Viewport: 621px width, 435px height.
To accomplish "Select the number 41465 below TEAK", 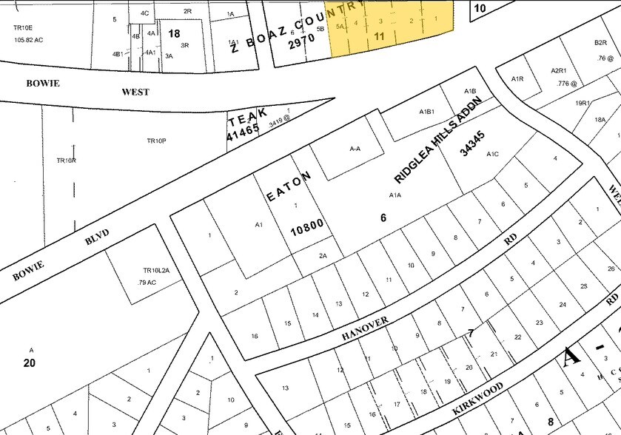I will coord(244,134).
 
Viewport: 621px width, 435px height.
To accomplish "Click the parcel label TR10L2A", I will coord(156,271).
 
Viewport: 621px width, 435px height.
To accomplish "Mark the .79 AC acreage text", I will coord(147,282).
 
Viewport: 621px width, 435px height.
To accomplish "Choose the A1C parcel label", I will coord(494,155).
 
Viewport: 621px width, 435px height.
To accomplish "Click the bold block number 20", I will coord(30,362).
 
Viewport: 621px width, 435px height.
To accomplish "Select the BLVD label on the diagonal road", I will coord(97,238).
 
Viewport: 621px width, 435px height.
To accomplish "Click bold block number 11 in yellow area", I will coord(380,35).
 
